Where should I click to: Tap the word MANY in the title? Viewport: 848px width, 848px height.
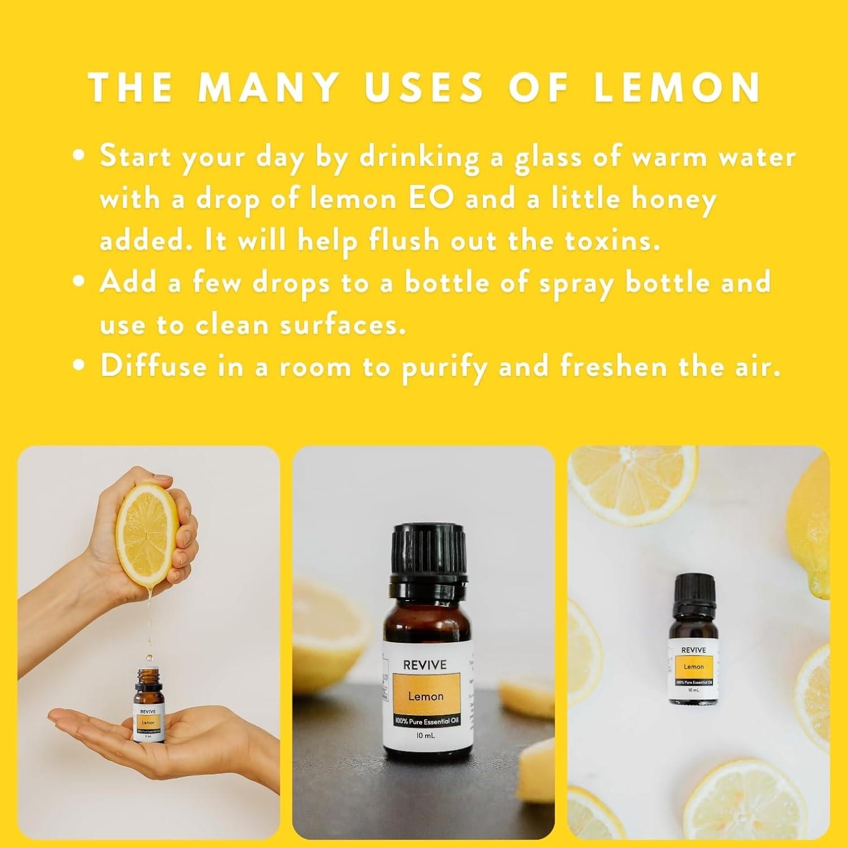pos(268,87)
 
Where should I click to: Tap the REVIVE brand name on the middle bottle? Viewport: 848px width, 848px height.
pos(425,665)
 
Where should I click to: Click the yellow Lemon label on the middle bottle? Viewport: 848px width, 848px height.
pos(426,696)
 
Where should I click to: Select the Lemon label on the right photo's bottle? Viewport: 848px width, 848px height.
pos(694,667)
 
